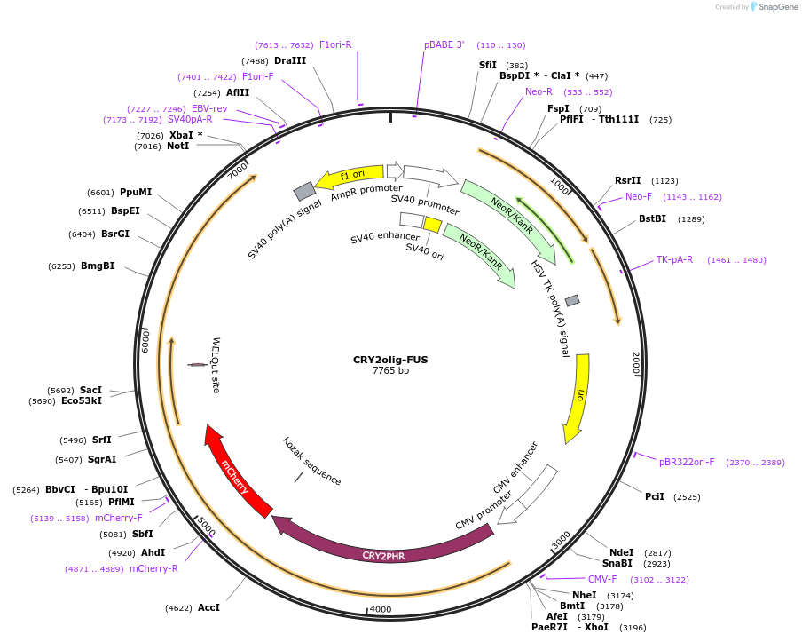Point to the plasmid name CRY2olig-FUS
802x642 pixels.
pyautogui.click(x=390, y=360)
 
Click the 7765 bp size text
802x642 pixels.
pyautogui.click(x=390, y=371)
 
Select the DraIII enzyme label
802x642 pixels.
pyautogui.click(x=290, y=60)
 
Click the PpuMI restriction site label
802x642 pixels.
pyautogui.click(x=137, y=192)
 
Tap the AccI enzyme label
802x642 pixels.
pyautogui.click(x=208, y=607)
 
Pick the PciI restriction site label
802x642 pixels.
pyautogui.click(x=655, y=496)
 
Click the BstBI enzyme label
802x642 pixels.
pyautogui.click(x=652, y=218)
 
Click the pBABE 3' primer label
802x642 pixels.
pyautogui.click(x=444, y=44)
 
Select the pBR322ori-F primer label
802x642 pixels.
pyautogui.click(x=687, y=462)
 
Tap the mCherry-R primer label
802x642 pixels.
pyautogui.click(x=153, y=568)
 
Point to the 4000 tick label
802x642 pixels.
pyautogui.click(x=380, y=609)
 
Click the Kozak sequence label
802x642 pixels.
pyautogui.click(x=311, y=461)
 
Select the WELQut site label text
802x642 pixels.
pyautogui.click(x=216, y=364)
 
